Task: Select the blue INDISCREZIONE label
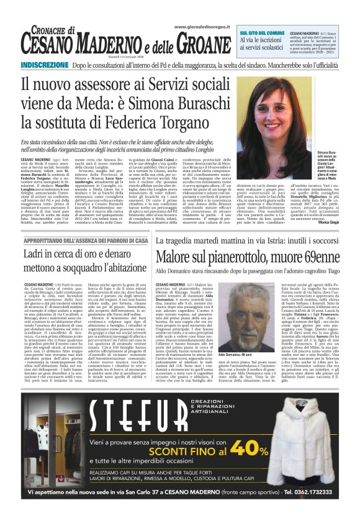click(45, 65)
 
